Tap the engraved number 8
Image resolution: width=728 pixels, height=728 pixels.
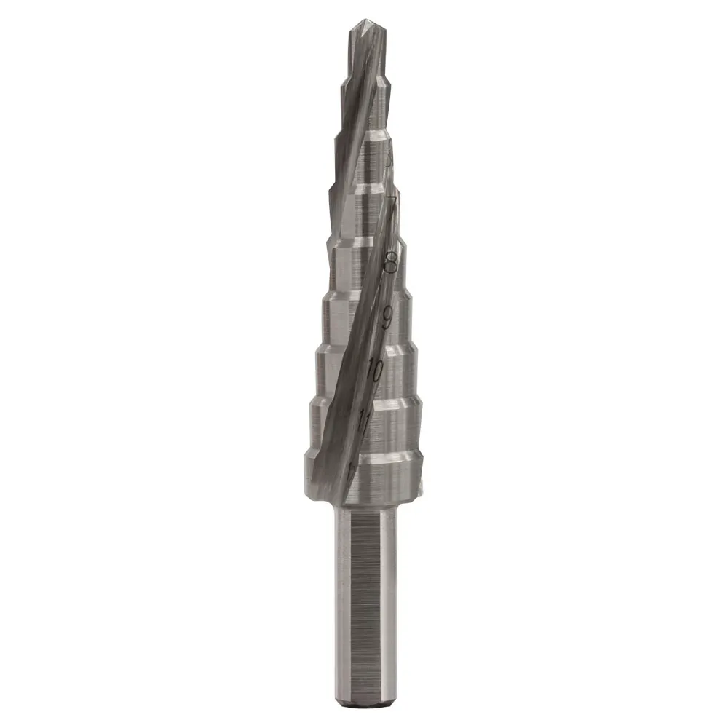[391, 261]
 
